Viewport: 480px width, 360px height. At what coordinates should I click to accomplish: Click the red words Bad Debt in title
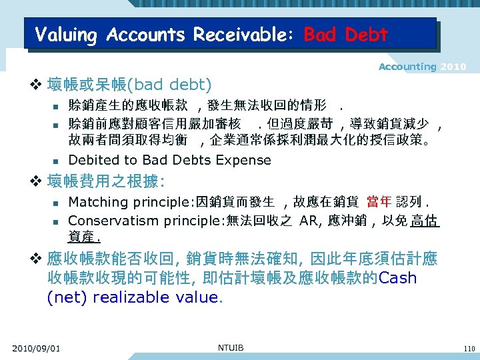click(x=345, y=34)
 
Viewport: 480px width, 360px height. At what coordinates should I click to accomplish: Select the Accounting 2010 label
click(x=422, y=67)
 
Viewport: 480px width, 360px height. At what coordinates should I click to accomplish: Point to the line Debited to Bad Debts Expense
click(x=169, y=160)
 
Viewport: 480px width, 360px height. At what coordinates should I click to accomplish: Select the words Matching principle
click(x=129, y=202)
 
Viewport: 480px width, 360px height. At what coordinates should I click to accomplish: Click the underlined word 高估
click(x=425, y=220)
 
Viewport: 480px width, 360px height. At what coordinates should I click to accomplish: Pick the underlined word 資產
click(x=82, y=237)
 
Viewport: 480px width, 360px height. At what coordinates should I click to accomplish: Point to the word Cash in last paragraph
click(x=397, y=278)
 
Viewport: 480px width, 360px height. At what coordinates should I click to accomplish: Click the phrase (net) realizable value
click(x=133, y=297)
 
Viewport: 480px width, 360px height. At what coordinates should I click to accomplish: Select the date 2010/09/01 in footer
click(x=36, y=348)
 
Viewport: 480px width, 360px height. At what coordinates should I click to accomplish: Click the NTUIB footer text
click(x=231, y=347)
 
